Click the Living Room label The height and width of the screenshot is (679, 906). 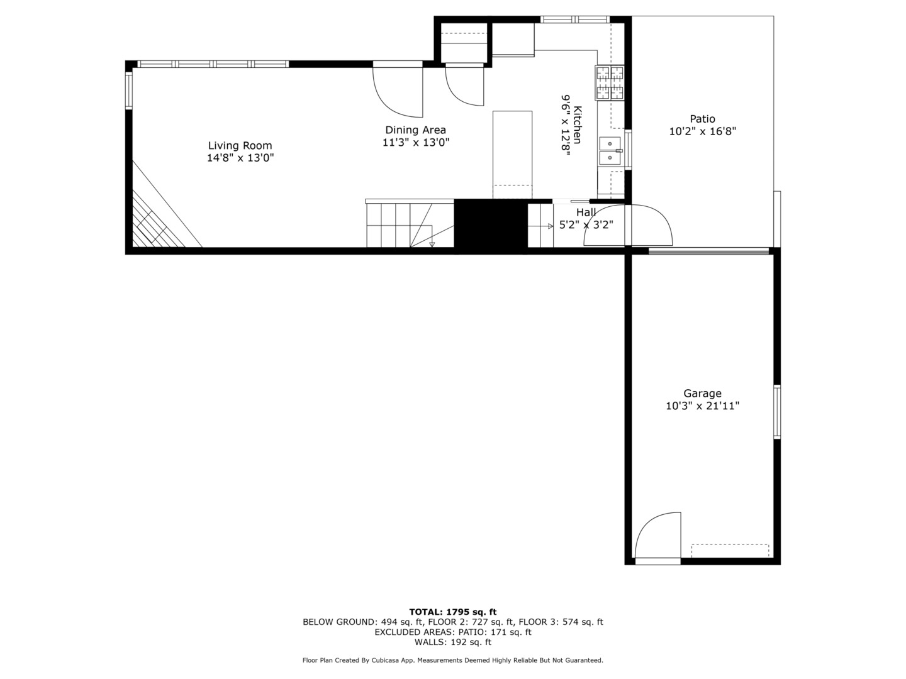coord(240,145)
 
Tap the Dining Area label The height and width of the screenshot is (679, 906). coord(416,130)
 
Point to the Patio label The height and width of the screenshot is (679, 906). coord(703,119)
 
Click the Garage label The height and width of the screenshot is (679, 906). coord(703,394)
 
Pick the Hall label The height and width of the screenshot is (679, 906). coord(586,213)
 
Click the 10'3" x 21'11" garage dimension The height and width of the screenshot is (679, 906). coord(703,406)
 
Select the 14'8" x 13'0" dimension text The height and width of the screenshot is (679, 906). coord(240,158)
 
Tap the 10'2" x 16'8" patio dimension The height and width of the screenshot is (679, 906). coord(703,131)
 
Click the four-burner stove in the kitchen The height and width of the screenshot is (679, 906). coord(610,82)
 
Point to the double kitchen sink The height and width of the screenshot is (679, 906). coord(610,151)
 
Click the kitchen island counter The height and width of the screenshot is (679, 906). coord(512,155)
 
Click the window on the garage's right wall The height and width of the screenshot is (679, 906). coord(777,411)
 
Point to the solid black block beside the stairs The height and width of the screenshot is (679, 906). coord(491,224)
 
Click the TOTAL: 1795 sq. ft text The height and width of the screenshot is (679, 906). coord(453,612)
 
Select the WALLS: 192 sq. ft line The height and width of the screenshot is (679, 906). coord(453,642)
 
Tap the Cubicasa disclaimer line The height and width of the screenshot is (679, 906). coord(453,660)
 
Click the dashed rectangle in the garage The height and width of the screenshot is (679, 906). coord(730,551)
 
